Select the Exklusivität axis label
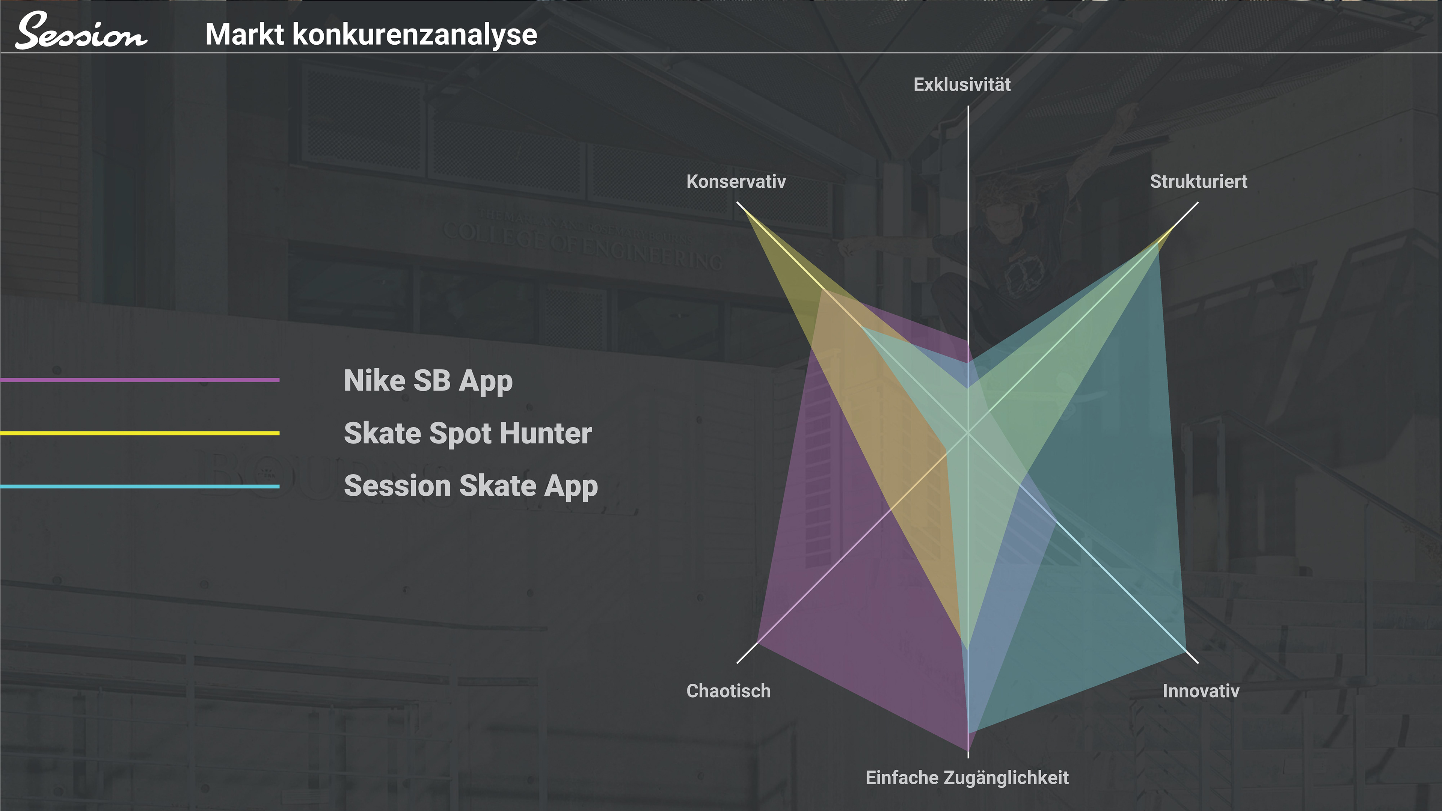pyautogui.click(x=962, y=84)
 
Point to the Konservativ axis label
pyautogui.click(x=736, y=181)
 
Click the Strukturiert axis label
pyautogui.click(x=1199, y=181)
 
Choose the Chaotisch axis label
pyautogui.click(x=728, y=691)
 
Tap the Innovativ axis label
pyautogui.click(x=1201, y=691)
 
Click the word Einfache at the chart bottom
pyautogui.click(x=902, y=778)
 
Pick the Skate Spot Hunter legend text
pyautogui.click(x=468, y=433)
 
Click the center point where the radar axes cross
pyautogui.click(x=968, y=432)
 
